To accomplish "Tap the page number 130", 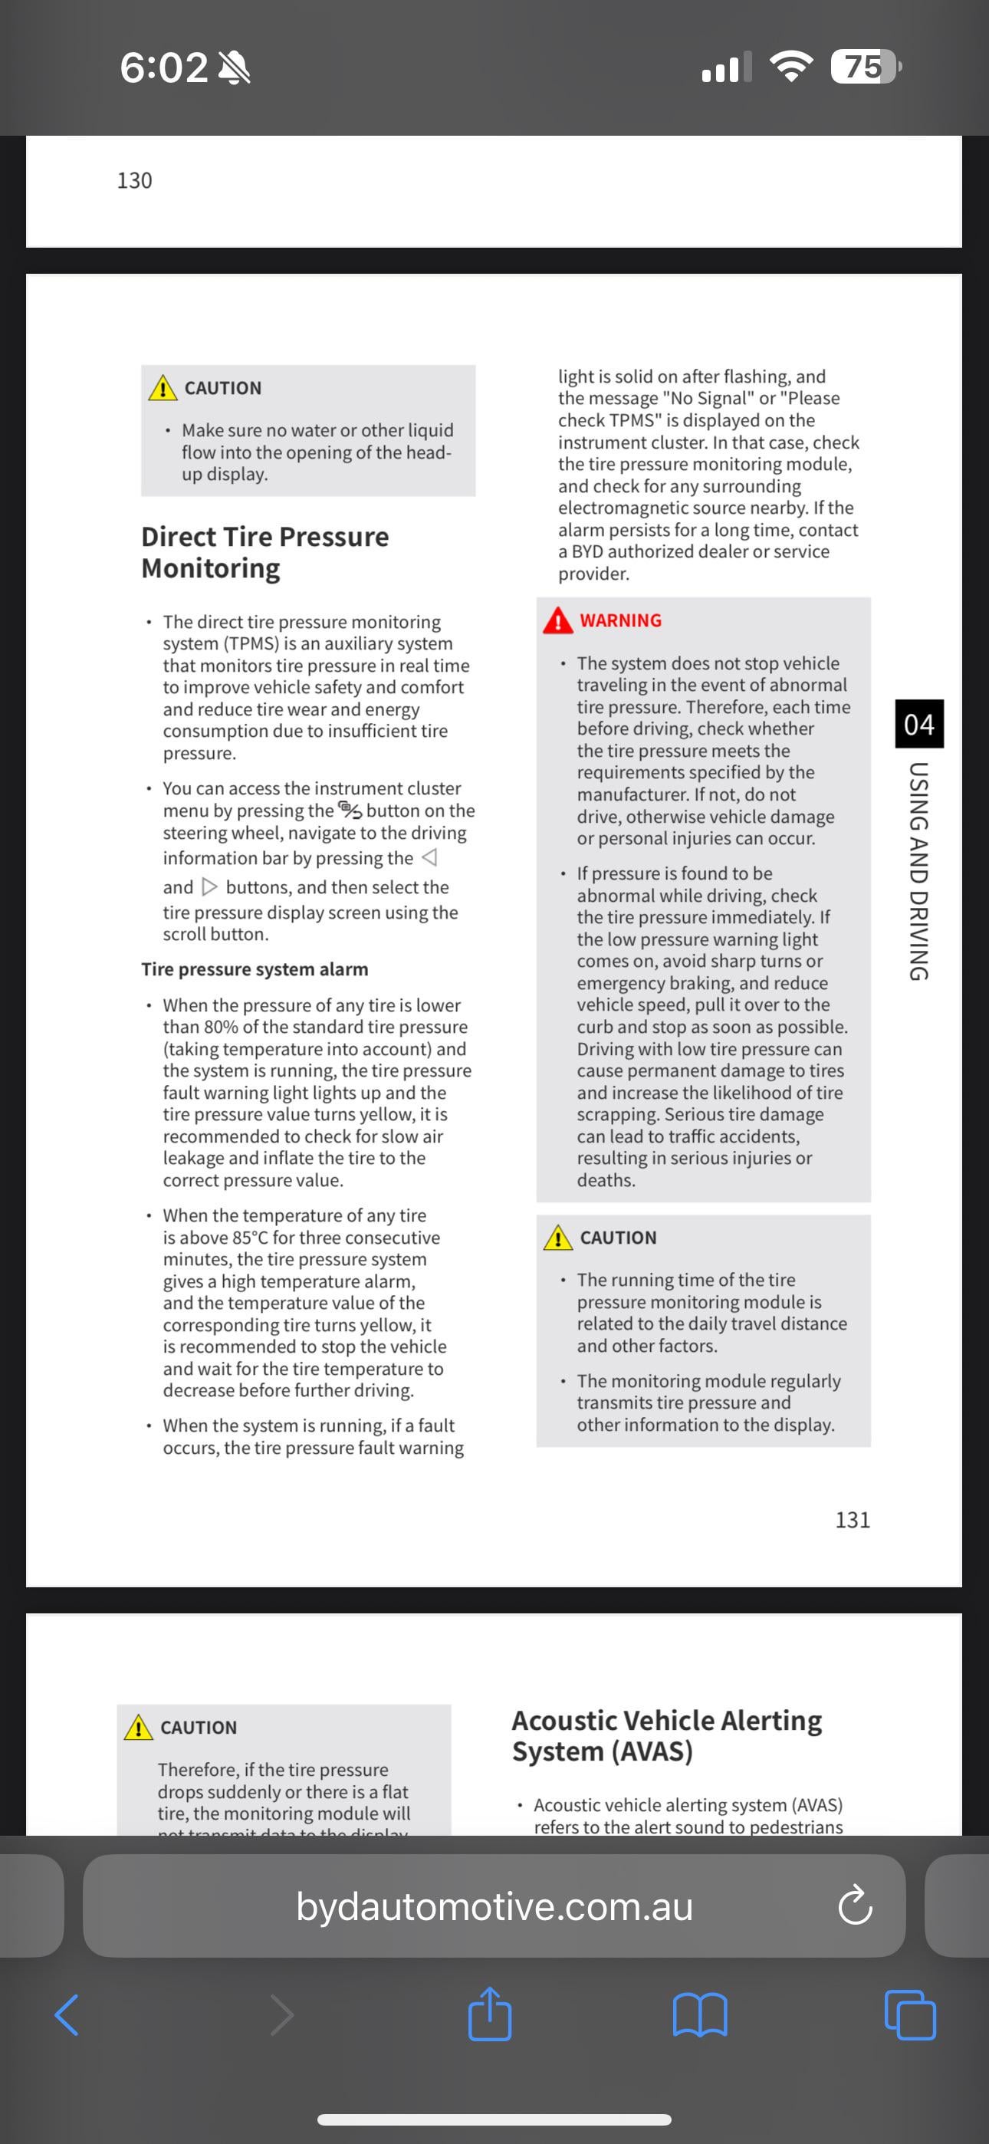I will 134,181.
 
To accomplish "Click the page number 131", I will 853,1520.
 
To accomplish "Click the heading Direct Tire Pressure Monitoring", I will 264,553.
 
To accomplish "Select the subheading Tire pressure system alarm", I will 255,968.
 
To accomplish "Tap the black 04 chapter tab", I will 919,724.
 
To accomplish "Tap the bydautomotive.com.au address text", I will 495,1907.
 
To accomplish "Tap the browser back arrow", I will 67,2015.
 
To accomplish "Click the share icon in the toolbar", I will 489,2014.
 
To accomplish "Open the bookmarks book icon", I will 699,2015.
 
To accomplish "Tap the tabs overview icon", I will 910,2015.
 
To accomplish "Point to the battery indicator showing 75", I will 865,67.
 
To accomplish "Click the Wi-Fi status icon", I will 792,66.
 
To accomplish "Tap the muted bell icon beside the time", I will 234,67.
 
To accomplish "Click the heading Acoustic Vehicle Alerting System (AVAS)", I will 667,1735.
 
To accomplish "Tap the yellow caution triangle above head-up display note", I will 163,389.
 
